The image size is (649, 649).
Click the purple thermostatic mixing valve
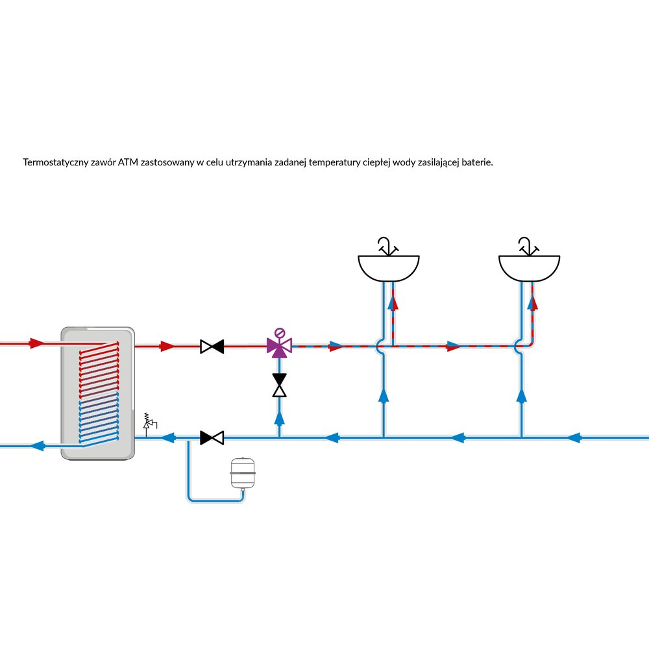tap(280, 346)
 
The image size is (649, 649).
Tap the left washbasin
tap(389, 267)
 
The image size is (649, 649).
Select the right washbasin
tap(529, 267)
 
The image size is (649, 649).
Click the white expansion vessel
tap(243, 474)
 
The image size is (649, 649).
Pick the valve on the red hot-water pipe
tap(212, 347)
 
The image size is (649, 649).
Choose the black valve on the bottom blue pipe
tap(212, 438)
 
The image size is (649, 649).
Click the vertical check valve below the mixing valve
tap(280, 386)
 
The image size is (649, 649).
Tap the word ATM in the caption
tap(128, 162)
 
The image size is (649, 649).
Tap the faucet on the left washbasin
tap(387, 246)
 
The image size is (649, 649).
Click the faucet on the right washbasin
tap(528, 246)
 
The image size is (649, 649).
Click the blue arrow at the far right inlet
tap(572, 438)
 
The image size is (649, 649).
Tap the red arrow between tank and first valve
tap(167, 347)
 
